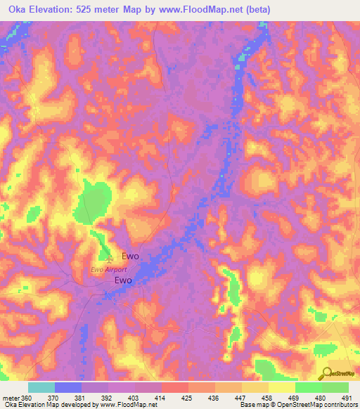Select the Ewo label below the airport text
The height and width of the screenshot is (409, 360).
pyautogui.click(x=124, y=280)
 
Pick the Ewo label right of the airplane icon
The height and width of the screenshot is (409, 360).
pyautogui.click(x=131, y=257)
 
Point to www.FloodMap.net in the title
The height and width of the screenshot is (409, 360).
pyautogui.click(x=188, y=9)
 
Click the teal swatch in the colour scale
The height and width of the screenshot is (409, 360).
pyautogui.click(x=41, y=387)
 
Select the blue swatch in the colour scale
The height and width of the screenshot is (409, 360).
pyautogui.click(x=68, y=387)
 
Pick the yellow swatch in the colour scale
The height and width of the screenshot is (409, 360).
pyautogui.click(x=281, y=387)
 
